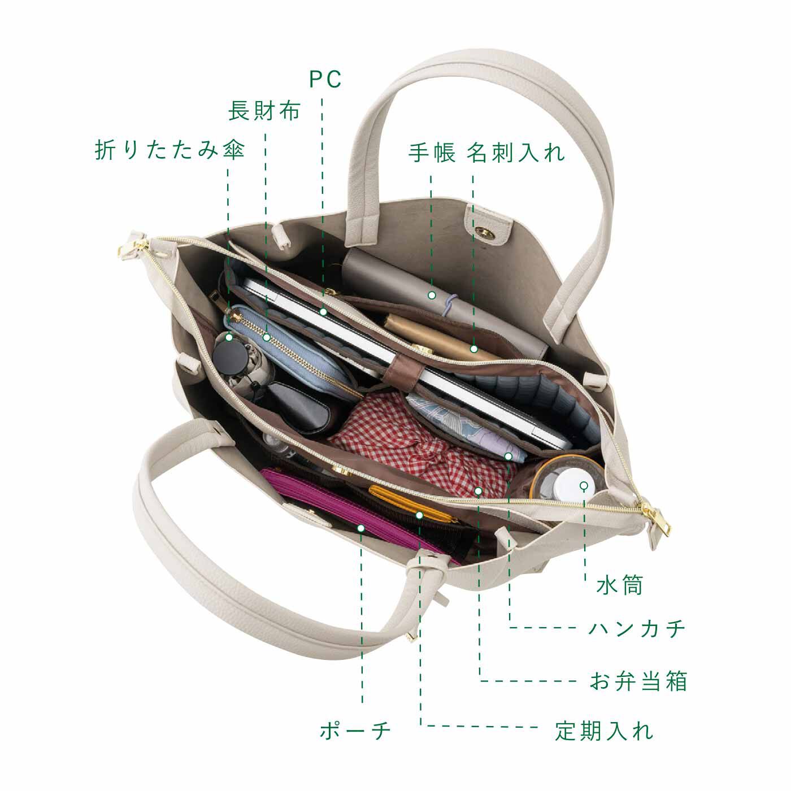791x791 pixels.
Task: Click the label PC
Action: point(325,80)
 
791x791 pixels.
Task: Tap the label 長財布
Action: point(264,111)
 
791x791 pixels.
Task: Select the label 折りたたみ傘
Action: point(169,151)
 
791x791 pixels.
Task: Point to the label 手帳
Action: point(432,153)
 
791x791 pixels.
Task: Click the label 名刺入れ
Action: point(516,153)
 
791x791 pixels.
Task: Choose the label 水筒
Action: point(620,585)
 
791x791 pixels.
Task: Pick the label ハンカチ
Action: point(637,628)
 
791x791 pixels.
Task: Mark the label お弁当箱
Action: point(638,681)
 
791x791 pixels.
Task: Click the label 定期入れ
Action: point(604,731)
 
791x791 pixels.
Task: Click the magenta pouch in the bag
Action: point(339,508)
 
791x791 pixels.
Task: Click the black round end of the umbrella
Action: point(229,357)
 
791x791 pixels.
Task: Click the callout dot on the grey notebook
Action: point(431,295)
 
